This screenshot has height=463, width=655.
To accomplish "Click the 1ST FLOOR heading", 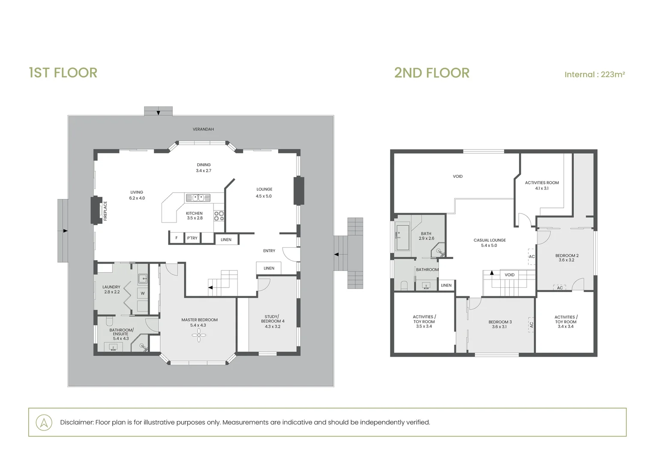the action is [x=63, y=73].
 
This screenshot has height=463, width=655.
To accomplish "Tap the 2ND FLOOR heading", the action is [x=432, y=73].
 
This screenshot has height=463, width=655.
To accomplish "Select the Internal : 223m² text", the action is [x=595, y=75].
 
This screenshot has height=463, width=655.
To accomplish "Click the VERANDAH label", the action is [x=203, y=129].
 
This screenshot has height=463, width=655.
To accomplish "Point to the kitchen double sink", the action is [x=198, y=198].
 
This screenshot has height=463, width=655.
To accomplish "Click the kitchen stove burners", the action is [x=219, y=216].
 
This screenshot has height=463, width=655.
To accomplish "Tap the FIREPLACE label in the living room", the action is [x=105, y=211].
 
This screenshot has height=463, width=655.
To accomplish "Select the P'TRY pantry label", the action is [x=192, y=238].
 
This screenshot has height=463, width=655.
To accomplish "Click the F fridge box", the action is [x=176, y=238].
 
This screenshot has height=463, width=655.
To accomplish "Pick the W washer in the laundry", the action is [x=143, y=293].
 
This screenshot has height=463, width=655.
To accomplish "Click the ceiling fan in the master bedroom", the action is [x=199, y=335].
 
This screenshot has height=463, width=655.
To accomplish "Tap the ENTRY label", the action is [x=269, y=251].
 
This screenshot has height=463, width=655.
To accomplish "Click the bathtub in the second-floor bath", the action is [x=403, y=238].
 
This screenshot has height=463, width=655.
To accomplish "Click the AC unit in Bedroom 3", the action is [x=531, y=325].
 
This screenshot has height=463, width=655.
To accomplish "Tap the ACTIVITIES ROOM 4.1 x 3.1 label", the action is [x=542, y=186].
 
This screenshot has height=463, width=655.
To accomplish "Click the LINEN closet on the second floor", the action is [x=446, y=285].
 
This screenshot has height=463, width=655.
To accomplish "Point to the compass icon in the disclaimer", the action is [x=44, y=422].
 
